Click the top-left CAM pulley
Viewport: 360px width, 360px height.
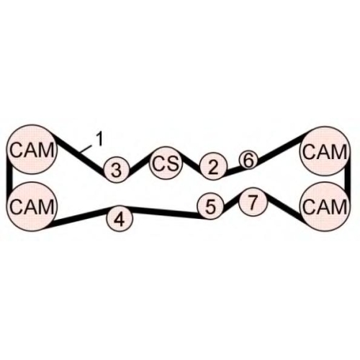tap(32, 149)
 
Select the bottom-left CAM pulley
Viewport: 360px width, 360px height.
tap(32, 207)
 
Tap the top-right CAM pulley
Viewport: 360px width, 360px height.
tap(325, 151)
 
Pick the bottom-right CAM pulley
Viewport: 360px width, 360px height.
tap(325, 207)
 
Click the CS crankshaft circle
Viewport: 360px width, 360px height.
tap(166, 163)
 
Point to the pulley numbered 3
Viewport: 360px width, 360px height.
tap(117, 170)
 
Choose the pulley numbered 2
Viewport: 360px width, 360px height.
tap(213, 166)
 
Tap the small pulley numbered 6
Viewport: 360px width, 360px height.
tap(248, 160)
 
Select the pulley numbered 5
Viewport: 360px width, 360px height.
tap(210, 206)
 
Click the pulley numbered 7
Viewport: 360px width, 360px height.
tap(253, 201)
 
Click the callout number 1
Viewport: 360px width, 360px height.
tap(99, 139)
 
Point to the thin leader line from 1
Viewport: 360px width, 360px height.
tap(86, 149)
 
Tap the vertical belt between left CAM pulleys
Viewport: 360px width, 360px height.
tap(9, 178)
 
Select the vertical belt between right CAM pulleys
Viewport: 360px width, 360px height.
tap(348, 179)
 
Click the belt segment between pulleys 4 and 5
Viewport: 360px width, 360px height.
tap(165, 212)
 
